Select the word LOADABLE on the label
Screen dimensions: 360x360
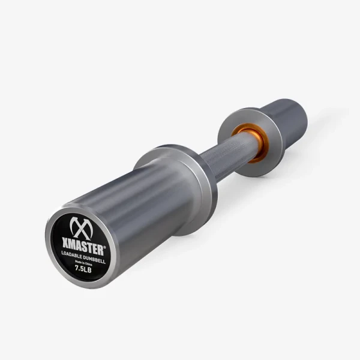tap(73, 254)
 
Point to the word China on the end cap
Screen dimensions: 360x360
tap(89, 261)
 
